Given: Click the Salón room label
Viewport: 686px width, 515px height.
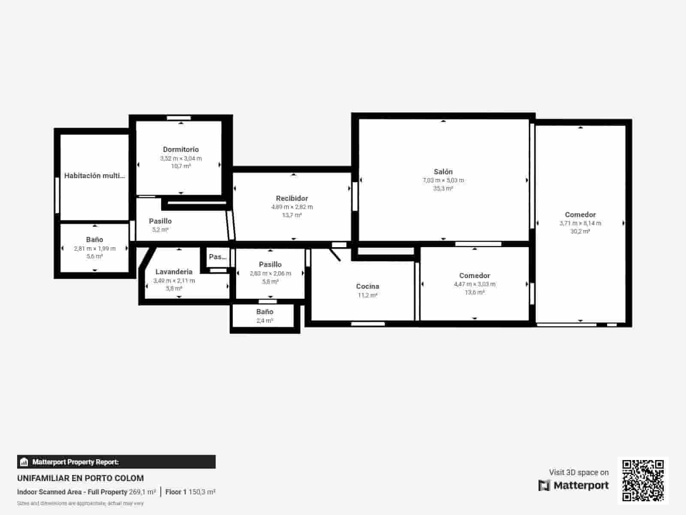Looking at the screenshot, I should (x=443, y=172).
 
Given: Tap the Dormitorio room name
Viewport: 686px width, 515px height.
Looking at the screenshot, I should (x=181, y=149).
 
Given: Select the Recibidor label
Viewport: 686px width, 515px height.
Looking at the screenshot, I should (x=292, y=198).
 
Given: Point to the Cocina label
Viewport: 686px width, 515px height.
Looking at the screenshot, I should (x=367, y=286).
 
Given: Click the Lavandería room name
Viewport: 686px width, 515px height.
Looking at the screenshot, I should (x=174, y=272).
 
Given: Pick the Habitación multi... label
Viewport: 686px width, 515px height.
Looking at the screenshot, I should (x=94, y=176).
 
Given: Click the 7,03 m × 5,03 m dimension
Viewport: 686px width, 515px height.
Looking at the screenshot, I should (x=443, y=180).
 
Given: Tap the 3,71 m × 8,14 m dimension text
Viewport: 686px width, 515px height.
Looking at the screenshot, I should (x=580, y=223).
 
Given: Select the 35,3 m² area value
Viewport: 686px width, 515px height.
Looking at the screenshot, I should (x=443, y=188).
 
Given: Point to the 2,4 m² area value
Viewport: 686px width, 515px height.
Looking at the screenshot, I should (x=265, y=321).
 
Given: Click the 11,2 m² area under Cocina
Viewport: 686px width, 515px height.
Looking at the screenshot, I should (x=367, y=295).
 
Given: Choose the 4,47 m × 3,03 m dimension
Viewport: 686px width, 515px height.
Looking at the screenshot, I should (x=475, y=284).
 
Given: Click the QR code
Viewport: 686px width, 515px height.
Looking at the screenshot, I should (x=643, y=480).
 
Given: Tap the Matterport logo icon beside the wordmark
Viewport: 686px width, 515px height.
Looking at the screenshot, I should (x=544, y=485).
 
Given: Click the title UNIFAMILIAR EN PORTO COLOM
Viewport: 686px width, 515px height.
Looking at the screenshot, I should (x=81, y=478).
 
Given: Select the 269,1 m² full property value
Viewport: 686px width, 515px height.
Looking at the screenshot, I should (x=142, y=492).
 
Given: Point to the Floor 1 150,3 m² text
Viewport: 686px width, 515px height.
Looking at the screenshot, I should (x=190, y=492).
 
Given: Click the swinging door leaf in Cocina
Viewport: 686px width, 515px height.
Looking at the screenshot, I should (x=335, y=254).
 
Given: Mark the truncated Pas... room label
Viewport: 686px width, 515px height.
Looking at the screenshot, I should (x=217, y=257).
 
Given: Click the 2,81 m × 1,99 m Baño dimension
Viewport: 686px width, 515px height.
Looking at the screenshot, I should (x=94, y=248).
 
